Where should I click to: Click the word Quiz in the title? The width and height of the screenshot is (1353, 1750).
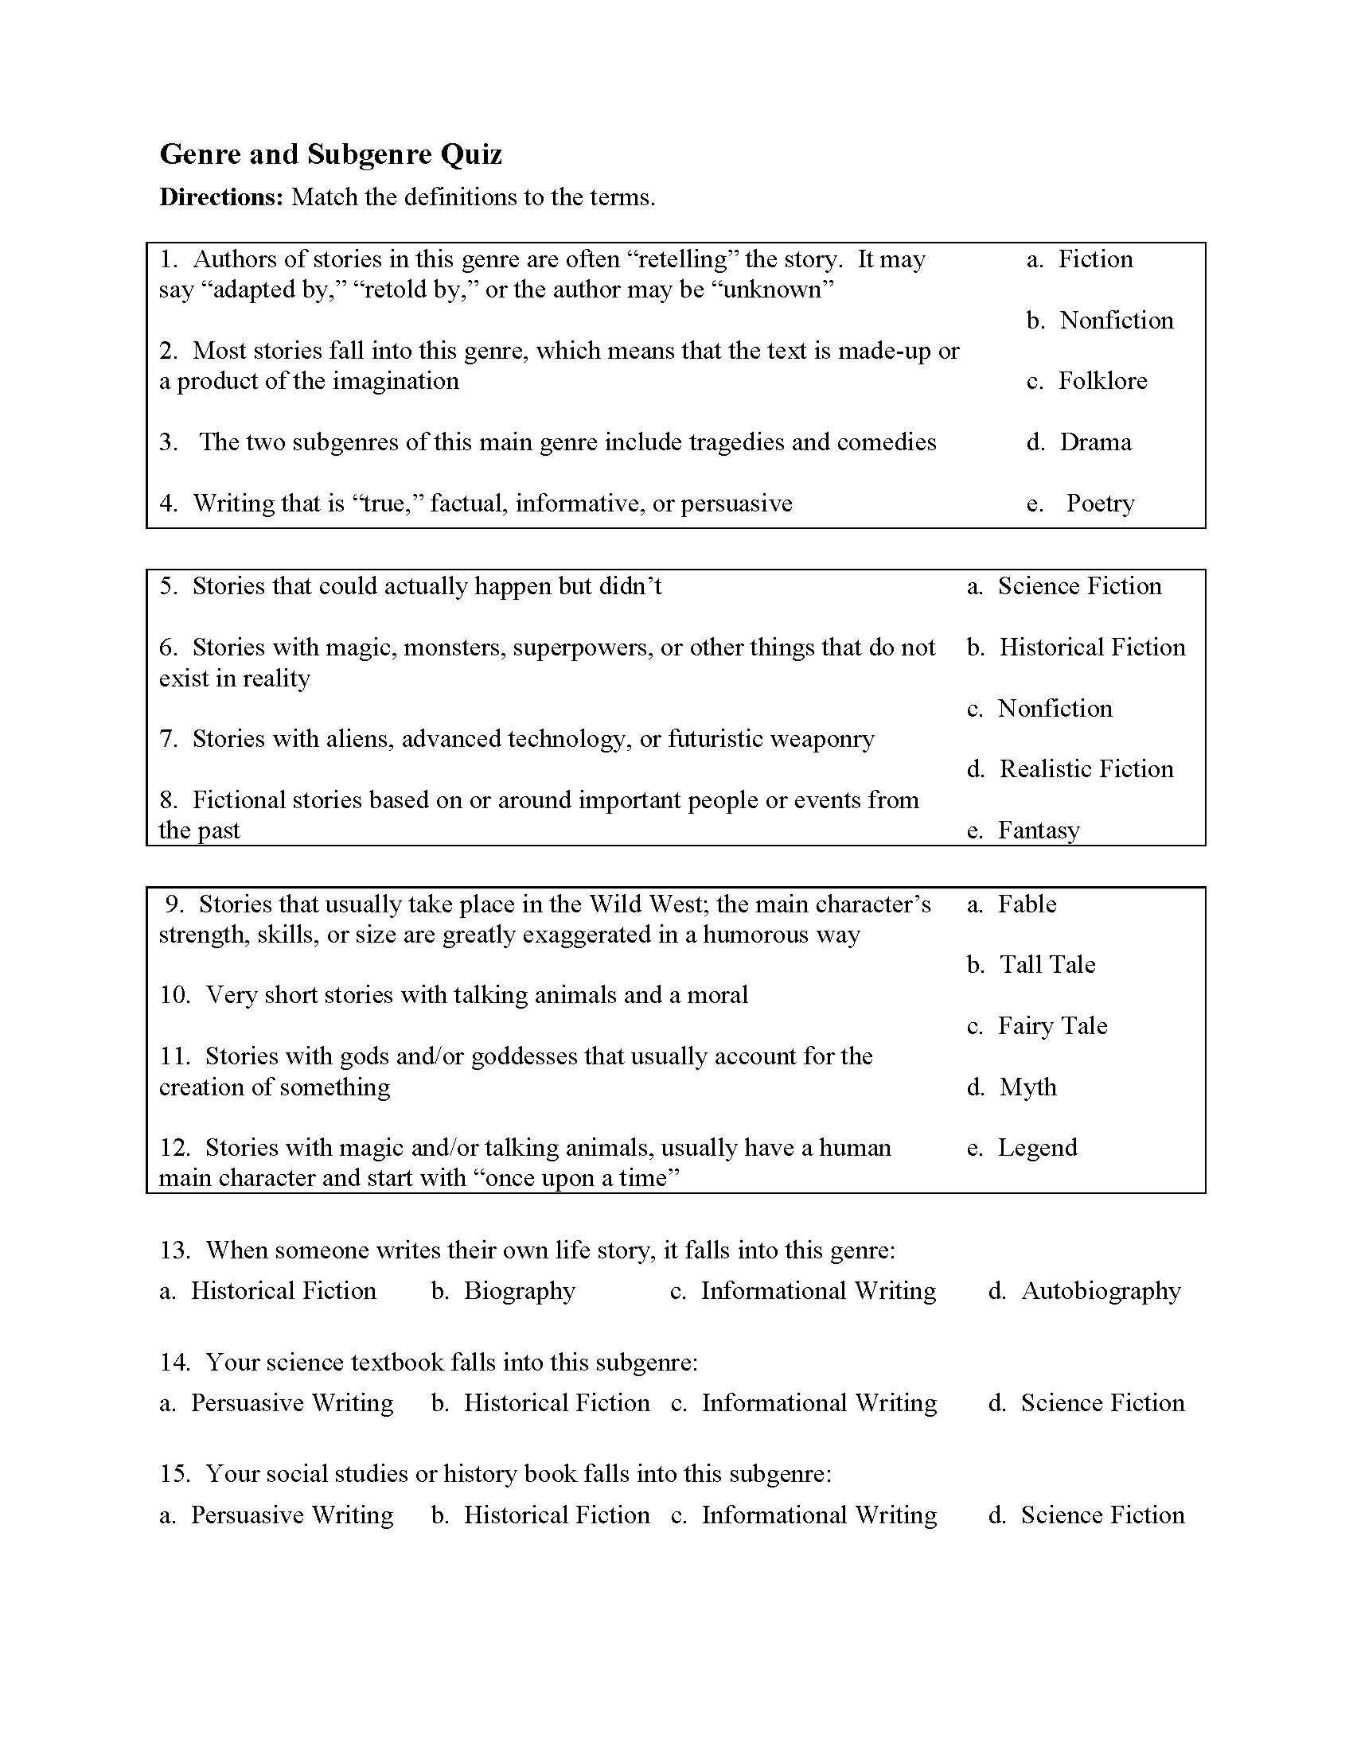point(470,154)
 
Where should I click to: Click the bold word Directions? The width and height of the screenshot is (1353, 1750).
point(221,197)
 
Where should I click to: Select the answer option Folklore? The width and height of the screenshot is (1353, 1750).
point(1102,380)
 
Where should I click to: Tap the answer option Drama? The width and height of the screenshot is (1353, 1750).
point(1095,441)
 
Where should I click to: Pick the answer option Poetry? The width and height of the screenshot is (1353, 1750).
point(1100,504)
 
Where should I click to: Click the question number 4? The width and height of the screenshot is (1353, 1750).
point(167,504)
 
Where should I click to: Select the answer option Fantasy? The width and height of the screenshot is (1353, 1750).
point(1038,830)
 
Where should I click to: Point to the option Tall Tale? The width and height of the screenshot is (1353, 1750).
point(1047,964)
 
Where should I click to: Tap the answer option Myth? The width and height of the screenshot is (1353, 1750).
point(1027,1087)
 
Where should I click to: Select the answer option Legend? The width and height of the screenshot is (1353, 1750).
point(1037,1147)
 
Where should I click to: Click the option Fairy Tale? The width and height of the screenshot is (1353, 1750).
point(1051,1025)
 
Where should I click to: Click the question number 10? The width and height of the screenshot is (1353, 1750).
point(175,995)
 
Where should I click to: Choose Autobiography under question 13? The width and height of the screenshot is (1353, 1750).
point(1101,1291)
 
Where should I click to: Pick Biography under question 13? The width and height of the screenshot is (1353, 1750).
point(520,1291)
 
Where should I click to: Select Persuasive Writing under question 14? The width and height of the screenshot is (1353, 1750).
point(292,1403)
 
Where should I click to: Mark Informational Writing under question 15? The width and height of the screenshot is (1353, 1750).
point(818,1515)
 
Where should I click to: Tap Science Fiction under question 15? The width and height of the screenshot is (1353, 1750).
point(1102,1515)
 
